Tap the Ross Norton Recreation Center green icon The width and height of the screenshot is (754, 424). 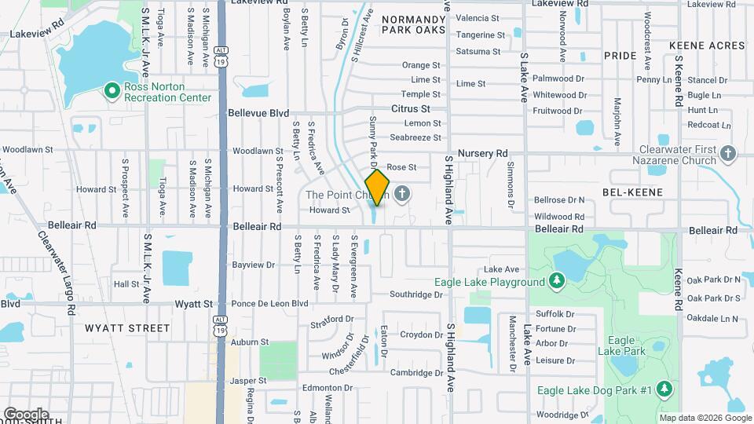112,92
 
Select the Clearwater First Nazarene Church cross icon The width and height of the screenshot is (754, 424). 728,154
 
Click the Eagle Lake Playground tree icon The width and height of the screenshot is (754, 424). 557,281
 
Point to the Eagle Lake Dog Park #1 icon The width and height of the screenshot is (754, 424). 664,389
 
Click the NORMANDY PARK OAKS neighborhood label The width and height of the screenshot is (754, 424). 413,24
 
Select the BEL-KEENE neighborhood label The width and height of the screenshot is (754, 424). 632,192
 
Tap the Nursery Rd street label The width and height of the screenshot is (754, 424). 483,153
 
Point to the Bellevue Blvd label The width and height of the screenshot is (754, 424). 258,113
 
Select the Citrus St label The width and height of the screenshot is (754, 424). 411,108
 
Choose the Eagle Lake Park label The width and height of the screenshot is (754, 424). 626,345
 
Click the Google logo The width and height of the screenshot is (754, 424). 26,414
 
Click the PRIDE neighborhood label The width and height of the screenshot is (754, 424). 620,57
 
